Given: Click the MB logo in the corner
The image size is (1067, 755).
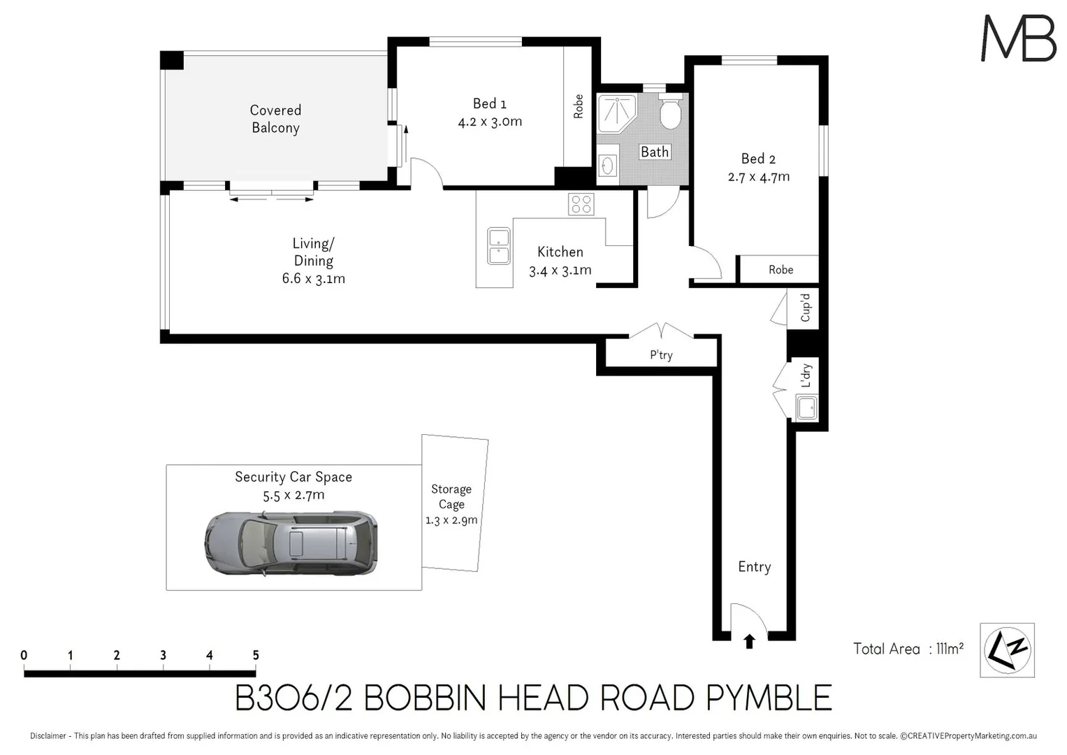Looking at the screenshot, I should pos(1018,38).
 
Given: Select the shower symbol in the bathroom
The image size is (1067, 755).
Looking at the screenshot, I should pos(616,113).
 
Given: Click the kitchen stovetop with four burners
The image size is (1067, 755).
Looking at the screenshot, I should pos(581,204).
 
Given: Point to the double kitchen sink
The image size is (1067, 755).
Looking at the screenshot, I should pos(498,246).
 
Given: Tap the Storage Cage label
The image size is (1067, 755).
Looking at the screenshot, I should pos(451,496).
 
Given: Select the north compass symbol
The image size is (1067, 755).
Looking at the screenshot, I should pos(1007,650).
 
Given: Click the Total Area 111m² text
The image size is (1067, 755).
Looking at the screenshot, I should pos(908,649).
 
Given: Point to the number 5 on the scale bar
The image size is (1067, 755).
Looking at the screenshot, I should pos(256,655).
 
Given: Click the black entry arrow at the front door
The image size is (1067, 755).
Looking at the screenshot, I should pos(749,641).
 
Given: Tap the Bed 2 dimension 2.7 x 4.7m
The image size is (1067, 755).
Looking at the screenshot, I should pos(758,177).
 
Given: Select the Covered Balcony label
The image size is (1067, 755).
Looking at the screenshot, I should pos(275,119).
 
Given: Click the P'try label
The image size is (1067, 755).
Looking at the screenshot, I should pos(661,355).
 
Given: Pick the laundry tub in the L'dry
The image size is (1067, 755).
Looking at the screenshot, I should pos(807,408).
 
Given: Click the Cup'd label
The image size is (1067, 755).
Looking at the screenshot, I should pos(805,308).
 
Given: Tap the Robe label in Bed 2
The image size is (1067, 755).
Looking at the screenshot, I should pos(781,270).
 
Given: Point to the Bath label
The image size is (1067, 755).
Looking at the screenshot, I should pos(655,152).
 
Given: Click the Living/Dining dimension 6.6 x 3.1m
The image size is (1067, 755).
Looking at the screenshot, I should pos(313,278).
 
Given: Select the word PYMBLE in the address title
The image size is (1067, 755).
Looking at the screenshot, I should pos(769,698).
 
